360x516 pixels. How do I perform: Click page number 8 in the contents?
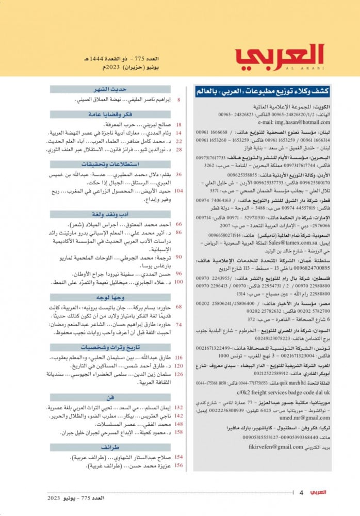point(178,100)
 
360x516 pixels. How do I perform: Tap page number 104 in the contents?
point(179,190)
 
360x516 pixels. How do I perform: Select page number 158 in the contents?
point(179,431)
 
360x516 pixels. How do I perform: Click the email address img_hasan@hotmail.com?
point(299,122)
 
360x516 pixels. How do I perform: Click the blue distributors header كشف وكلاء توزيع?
point(263,91)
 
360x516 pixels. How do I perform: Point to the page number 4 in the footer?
point(301,493)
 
